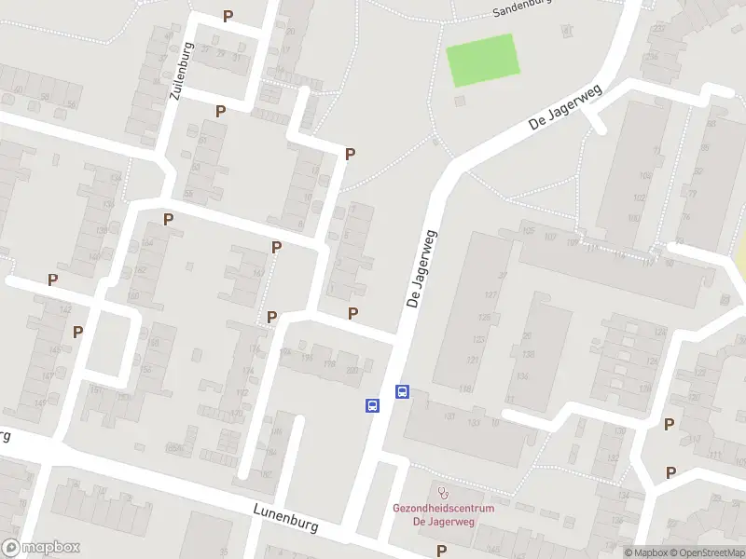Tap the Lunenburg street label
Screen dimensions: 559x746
point(284,518)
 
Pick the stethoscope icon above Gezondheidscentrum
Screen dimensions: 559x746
point(443,491)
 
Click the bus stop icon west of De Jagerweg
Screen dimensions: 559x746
point(372,405)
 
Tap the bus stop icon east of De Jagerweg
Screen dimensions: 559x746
point(403,392)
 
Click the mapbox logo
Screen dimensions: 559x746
point(41,548)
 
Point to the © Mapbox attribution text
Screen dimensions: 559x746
point(645,552)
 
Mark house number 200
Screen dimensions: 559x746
point(352,370)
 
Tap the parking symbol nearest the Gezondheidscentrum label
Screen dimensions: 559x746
point(441,551)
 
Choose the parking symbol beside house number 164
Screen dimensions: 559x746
point(169,220)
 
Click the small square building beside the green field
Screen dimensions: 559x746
point(459,101)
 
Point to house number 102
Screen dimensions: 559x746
point(640,198)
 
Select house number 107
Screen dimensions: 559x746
point(547,236)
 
